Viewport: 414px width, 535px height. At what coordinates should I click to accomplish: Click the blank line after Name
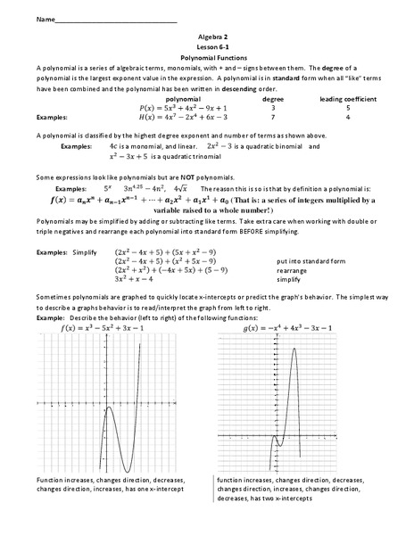point(116,18)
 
